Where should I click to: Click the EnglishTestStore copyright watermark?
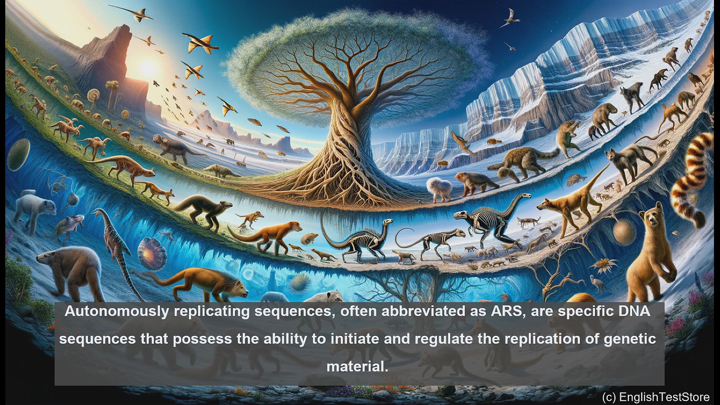pyautogui.click(x=656, y=397)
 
